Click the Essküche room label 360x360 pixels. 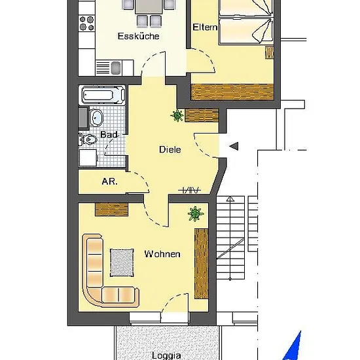point(139,36)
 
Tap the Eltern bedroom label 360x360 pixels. point(205,27)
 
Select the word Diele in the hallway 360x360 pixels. point(170,149)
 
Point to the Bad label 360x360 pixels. point(109,134)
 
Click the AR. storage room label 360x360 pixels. point(109,181)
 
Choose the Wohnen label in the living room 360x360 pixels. point(162,254)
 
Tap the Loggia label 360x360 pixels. point(166,355)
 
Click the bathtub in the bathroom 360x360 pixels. point(102,95)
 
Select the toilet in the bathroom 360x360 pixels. point(88,139)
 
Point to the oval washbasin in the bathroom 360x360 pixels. point(96,118)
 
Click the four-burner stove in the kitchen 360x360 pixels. point(86,23)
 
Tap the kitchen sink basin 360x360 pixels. point(116,68)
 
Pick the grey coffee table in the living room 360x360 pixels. point(122,262)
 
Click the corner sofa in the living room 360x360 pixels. point(95,287)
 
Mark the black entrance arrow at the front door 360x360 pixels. point(234,146)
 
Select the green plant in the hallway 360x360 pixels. point(177,115)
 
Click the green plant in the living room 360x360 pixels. point(196,214)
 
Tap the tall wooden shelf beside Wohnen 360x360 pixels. point(202,264)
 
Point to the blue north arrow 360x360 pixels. point(293,347)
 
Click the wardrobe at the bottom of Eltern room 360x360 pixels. point(232,92)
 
